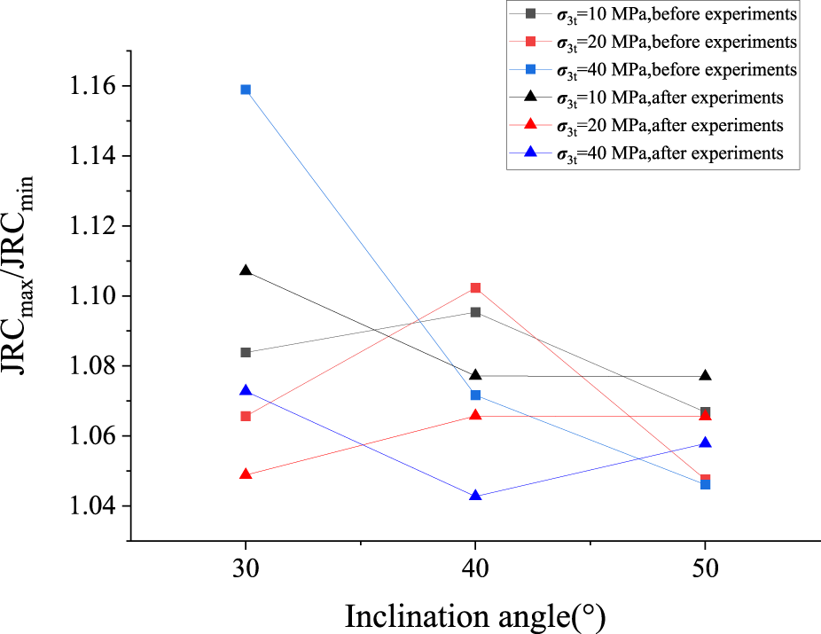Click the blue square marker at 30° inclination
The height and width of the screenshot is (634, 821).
point(246,90)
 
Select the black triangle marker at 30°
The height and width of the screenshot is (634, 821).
point(246,270)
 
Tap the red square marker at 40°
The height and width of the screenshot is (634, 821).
point(476,288)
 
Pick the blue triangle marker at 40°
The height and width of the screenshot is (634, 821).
point(476,496)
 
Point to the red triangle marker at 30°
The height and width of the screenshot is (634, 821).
point(246,474)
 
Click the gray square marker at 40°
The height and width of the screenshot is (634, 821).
point(476,312)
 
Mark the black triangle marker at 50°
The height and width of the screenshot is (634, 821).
point(706,376)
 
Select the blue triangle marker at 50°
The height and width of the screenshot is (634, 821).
point(706,443)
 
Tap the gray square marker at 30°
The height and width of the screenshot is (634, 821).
point(246,353)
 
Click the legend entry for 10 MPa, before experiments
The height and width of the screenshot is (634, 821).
point(665,13)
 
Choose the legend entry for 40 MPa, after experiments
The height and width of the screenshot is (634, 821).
point(665,153)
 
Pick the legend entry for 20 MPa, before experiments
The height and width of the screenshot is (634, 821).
point(665,42)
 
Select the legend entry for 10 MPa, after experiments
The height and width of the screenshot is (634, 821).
point(665,98)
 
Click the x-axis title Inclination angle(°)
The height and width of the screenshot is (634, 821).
point(475,614)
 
